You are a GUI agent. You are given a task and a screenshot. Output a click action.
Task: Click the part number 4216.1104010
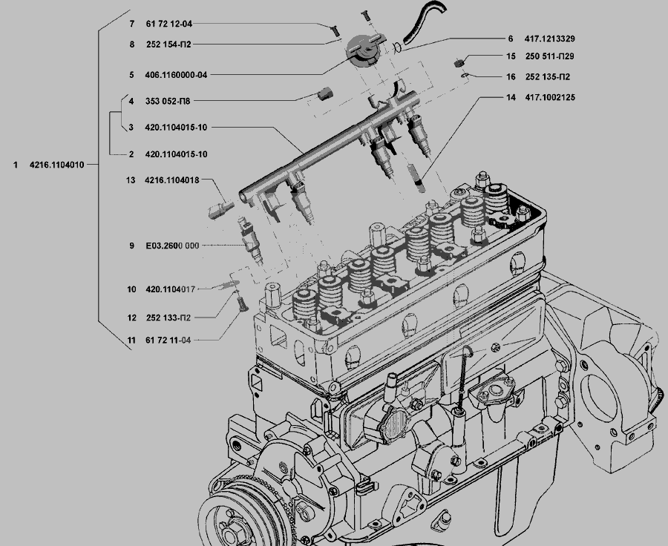click(x=56, y=165)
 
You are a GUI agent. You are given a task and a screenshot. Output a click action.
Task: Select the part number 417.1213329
click(x=551, y=39)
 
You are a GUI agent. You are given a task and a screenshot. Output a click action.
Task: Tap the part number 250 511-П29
click(x=550, y=56)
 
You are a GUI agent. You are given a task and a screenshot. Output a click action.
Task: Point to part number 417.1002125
click(x=550, y=97)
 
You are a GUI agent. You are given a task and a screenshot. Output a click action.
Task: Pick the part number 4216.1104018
click(x=172, y=180)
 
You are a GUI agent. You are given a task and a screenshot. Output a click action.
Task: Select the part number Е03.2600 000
click(x=172, y=246)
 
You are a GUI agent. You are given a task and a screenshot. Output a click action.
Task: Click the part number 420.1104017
click(x=171, y=290)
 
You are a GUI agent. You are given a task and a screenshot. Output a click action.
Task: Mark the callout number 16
click(x=511, y=77)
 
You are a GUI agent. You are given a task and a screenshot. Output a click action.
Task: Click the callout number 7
click(x=131, y=24)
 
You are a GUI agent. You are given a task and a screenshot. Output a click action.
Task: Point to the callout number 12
click(x=131, y=318)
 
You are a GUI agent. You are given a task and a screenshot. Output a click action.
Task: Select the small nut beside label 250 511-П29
click(x=459, y=62)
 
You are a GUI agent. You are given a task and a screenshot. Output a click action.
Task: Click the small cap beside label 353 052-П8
click(x=324, y=94)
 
